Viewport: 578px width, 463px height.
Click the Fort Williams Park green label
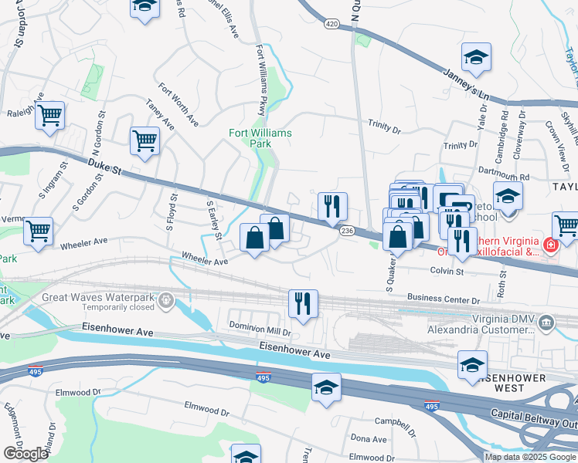(260, 138)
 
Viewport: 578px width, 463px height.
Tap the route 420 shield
(331, 25)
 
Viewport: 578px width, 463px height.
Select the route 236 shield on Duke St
(347, 231)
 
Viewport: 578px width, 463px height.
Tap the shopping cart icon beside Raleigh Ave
(50, 116)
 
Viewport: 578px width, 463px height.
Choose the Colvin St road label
(447, 272)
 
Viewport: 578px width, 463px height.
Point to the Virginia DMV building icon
(546, 321)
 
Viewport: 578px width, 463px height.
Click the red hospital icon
(549, 246)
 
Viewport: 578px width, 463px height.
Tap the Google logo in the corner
(25, 453)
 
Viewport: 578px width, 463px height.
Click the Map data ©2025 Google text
(529, 457)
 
